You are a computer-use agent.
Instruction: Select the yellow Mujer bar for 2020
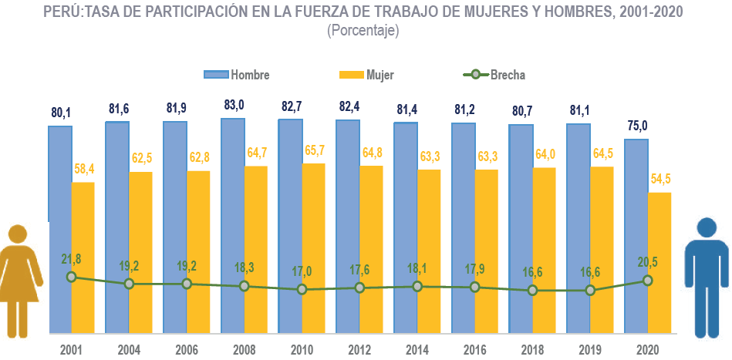pos(659,262)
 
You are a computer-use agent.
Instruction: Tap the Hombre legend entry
pos(236,75)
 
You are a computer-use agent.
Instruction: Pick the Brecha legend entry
pos(494,75)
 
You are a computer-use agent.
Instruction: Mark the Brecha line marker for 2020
pos(648,281)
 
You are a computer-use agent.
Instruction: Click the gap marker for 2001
pos(71,277)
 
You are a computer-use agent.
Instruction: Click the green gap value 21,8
pos(71,258)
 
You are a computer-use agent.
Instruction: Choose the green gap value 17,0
pos(302,271)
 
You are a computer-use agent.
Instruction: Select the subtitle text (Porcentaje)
pos(363,31)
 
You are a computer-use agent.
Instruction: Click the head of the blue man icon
pos(708,229)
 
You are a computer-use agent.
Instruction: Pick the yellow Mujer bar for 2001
pos(83,258)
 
